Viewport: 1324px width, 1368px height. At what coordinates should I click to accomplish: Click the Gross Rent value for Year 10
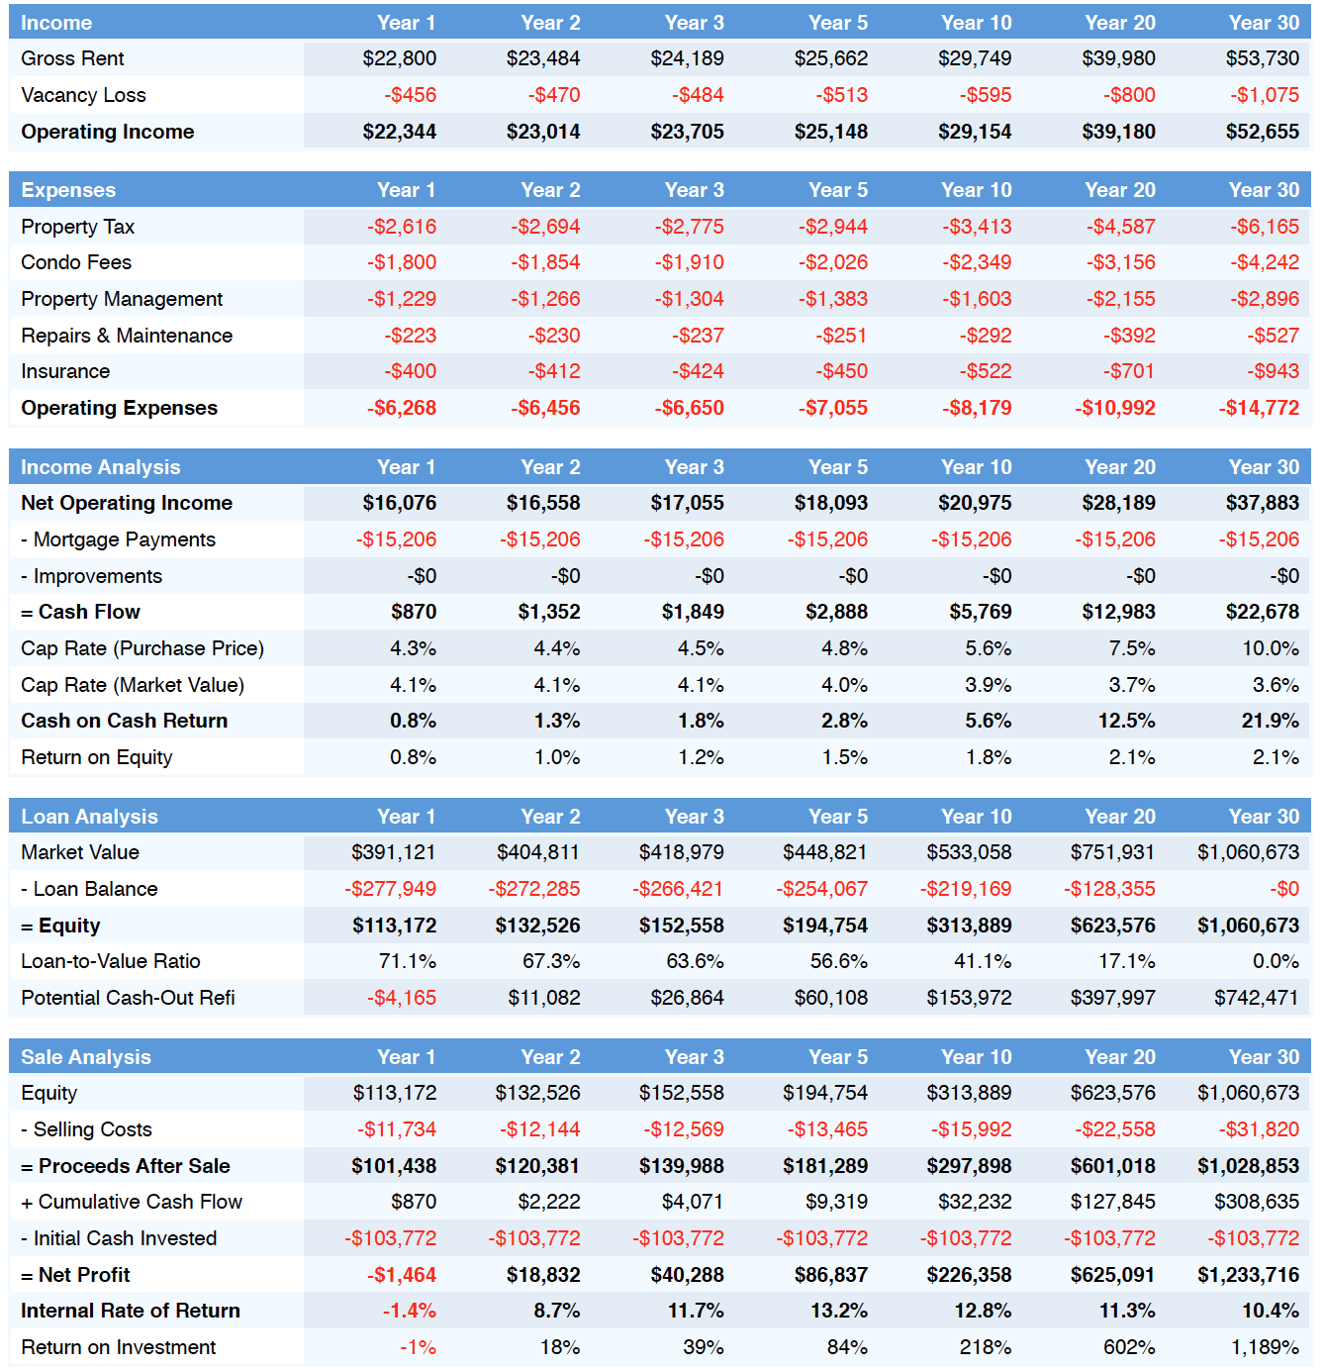(x=974, y=58)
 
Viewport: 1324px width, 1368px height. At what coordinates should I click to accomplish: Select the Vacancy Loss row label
(x=84, y=95)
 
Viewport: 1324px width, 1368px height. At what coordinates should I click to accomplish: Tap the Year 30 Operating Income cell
(x=1263, y=132)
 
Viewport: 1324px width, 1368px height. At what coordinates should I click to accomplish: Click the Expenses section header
(x=68, y=190)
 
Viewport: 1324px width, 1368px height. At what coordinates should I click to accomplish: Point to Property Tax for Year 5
(x=833, y=227)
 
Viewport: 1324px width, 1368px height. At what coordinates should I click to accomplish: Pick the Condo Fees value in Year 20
(x=1120, y=262)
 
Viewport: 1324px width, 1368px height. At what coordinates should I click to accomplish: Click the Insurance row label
(x=65, y=371)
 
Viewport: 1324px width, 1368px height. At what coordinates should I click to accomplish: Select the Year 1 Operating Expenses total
(x=402, y=408)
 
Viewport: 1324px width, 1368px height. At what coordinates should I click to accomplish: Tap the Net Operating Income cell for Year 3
(x=687, y=503)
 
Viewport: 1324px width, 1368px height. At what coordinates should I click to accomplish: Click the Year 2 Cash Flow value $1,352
(x=549, y=612)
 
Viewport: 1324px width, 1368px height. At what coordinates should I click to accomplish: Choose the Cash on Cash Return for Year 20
(x=1126, y=721)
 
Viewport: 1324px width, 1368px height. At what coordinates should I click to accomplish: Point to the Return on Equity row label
(x=96, y=757)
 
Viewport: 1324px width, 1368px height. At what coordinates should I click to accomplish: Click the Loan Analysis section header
(x=89, y=817)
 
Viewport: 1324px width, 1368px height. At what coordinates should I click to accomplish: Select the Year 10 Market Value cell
(x=969, y=852)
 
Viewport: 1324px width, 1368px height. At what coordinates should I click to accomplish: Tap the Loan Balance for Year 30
(x=1284, y=889)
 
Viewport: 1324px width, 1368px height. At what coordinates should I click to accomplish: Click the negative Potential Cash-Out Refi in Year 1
(x=402, y=998)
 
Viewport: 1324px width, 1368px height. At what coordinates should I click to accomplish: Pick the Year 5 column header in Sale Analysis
(x=838, y=1056)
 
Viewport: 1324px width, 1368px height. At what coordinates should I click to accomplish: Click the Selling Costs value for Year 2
(x=539, y=1129)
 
